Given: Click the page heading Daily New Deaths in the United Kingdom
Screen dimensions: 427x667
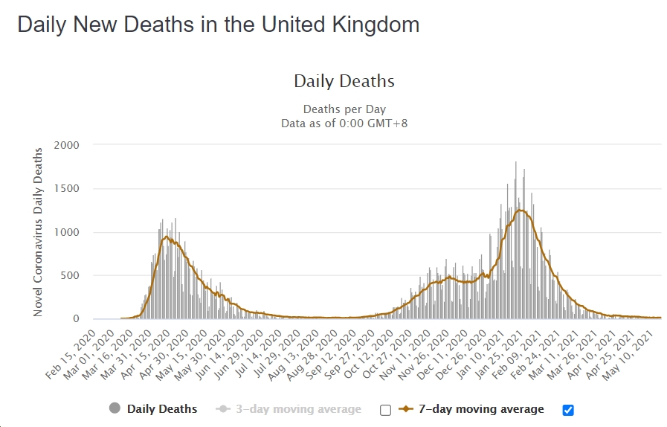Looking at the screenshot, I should (218, 25).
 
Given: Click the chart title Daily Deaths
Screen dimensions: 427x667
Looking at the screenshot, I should (344, 81).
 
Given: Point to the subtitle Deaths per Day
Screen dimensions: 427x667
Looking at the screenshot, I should (344, 109).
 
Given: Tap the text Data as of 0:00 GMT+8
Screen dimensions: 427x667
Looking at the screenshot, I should (344, 123).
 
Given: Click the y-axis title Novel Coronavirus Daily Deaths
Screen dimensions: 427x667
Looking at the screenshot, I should (38, 232).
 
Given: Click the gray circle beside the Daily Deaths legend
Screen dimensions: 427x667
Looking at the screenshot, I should (115, 408).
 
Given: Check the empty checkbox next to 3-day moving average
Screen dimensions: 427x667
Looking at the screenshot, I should (385, 410).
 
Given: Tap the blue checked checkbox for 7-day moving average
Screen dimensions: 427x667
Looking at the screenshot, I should (569, 410).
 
